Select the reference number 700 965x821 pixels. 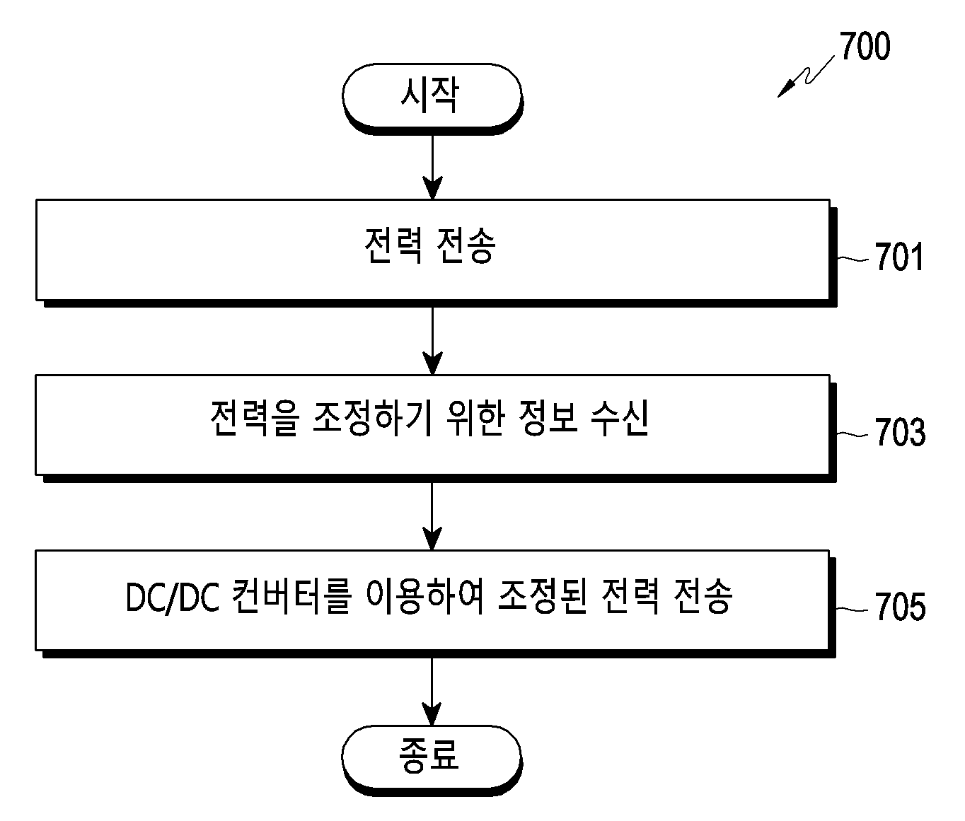coord(865,46)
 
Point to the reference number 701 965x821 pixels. coord(898,257)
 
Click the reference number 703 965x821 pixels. coord(900,432)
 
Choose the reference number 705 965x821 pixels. coord(900,607)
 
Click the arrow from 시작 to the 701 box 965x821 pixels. coord(432,167)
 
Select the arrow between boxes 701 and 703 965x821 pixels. coord(432,341)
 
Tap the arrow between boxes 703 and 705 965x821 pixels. coord(432,516)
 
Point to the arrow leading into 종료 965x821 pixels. coord(432,692)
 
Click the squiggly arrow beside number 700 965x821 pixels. coord(807,76)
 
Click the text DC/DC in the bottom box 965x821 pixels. coord(173,598)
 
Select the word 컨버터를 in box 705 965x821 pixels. coord(291,596)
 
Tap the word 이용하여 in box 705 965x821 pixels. coord(425,596)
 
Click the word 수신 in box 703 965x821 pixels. coord(620,418)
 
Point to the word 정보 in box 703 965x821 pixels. coord(547,418)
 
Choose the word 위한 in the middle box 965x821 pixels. coord(475,418)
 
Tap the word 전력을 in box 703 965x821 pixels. coord(255,418)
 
